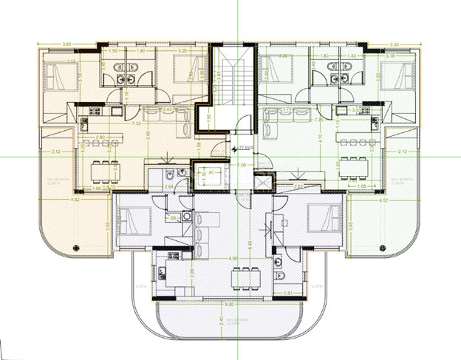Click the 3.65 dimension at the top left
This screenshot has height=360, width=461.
67,44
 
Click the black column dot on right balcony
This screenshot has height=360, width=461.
383,247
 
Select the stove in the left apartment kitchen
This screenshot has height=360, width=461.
95,112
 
